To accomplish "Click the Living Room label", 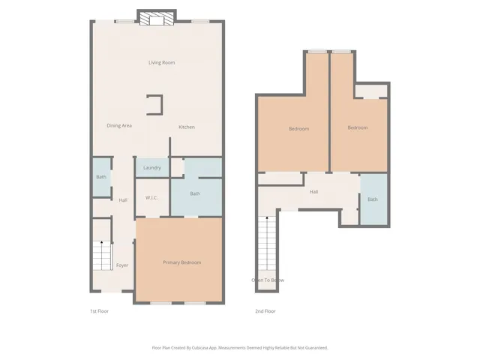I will [161, 62].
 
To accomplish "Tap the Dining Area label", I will [119, 125].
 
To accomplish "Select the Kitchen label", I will [186, 127].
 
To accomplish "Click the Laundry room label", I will [152, 167].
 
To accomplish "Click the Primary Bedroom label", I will [182, 262].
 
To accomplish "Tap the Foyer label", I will [122, 265].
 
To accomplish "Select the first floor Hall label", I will [123, 199].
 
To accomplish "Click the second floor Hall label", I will [314, 192].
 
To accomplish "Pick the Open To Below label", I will [268, 280].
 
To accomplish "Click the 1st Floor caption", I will [99, 310].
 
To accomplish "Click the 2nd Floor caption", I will [265, 310].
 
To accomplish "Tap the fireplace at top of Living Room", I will [157, 19].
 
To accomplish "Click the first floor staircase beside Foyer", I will [100, 256].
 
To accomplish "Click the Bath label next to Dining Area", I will [100, 177].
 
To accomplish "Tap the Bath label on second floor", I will [373, 199].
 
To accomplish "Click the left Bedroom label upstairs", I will [298, 129].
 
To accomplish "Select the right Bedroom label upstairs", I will [357, 127].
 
